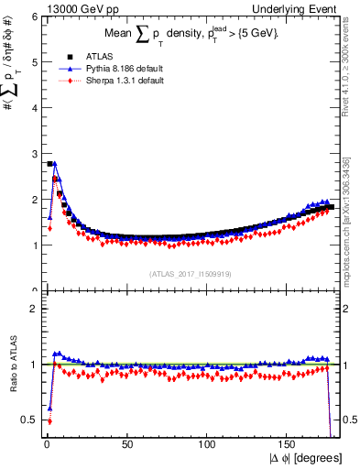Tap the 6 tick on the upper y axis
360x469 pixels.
click(x=34, y=16)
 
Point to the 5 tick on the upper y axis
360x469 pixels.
click(x=34, y=62)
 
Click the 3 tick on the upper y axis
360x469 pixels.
click(x=34, y=154)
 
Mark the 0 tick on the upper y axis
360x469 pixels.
click(x=34, y=290)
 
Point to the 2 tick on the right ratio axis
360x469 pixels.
click(x=348, y=309)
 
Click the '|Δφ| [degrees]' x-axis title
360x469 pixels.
click(x=305, y=458)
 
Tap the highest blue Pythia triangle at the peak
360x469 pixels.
click(x=55, y=164)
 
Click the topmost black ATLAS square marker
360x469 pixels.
click(x=49, y=164)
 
